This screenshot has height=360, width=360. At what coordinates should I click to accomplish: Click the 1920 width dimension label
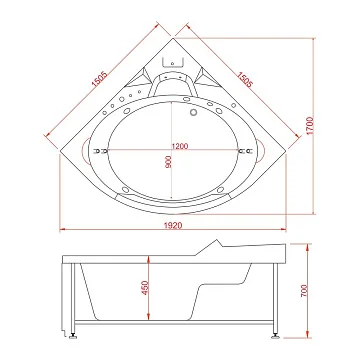point(173,226)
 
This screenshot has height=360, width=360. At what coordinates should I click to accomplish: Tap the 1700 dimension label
point(310,126)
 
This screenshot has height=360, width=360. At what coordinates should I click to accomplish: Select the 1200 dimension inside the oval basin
point(180,146)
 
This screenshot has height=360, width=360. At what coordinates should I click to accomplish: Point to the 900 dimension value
point(168,162)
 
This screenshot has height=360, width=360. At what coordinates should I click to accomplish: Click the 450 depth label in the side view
point(145,288)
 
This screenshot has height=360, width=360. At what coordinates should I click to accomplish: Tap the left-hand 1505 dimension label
point(100,79)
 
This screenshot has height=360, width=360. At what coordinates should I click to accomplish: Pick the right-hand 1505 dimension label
point(245,79)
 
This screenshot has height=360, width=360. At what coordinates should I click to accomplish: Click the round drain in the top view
point(193,112)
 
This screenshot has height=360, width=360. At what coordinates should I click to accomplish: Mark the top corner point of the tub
point(173,38)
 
